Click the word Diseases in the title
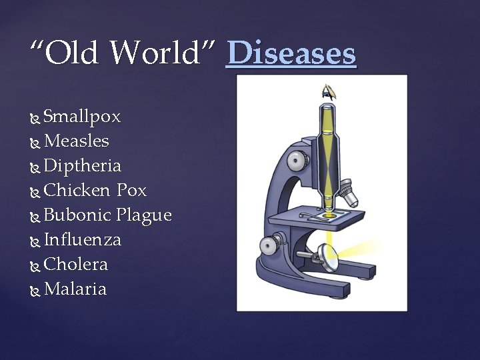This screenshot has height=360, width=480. point(291,53)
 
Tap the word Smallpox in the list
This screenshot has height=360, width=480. point(82,117)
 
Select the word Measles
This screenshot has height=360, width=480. point(76,141)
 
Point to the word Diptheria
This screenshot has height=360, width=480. point(82,166)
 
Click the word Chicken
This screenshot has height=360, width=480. point(77,190)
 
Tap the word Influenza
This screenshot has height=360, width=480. point(82,239)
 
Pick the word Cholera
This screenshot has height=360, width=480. point(75,264)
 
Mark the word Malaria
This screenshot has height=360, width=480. point(75,289)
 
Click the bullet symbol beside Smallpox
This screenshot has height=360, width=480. point(35,118)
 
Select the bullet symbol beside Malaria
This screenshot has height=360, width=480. point(35,290)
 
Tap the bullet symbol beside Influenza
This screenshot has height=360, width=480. point(35,241)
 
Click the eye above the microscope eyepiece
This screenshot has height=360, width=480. point(328,91)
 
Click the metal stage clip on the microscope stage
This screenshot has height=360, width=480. point(313,215)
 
